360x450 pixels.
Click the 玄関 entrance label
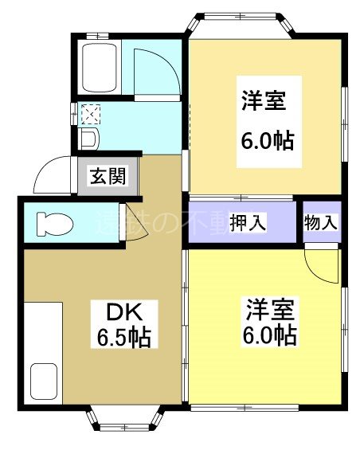[108, 176]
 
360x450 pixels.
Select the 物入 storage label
[320, 221]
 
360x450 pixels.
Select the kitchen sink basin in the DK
[43, 381]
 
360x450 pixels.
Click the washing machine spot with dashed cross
[90, 114]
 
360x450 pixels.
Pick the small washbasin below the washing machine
[88, 139]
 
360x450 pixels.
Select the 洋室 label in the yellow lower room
[272, 307]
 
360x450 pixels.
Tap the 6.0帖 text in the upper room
[267, 141]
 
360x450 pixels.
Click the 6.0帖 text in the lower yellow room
[270, 335]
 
